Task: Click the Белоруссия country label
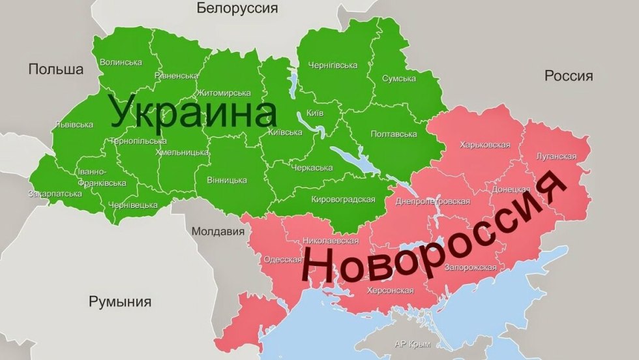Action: tap(237, 8)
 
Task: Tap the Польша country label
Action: tap(56, 70)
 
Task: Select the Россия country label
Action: tap(569, 76)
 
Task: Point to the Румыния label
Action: tap(120, 302)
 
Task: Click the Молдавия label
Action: tap(218, 232)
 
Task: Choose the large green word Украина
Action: tap(194, 112)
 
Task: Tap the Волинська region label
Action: tap(121, 63)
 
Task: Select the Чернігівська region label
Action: tap(332, 65)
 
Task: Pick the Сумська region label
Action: tap(399, 79)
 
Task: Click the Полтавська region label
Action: tap(393, 134)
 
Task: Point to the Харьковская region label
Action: tap(483, 145)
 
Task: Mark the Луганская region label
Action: tap(555, 157)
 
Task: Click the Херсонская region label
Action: tap(391, 290)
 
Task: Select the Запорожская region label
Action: tap(469, 267)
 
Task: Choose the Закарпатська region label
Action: tap(50, 194)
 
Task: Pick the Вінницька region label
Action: tap(226, 179)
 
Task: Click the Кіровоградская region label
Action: tap(343, 199)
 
